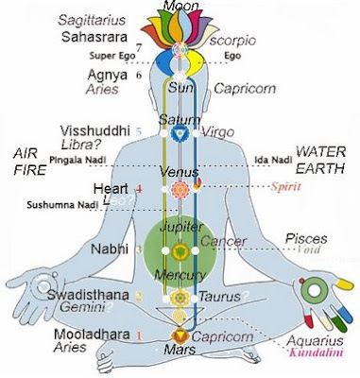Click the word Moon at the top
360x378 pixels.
click(180, 7)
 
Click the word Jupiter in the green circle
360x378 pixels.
click(178, 230)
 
